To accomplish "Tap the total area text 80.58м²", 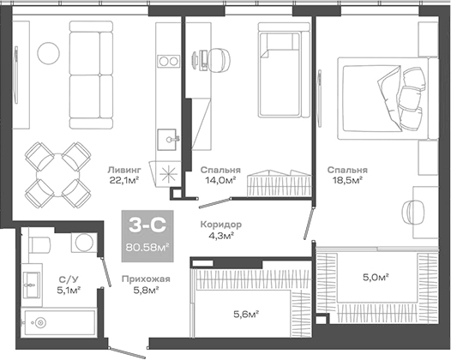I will click(147, 248).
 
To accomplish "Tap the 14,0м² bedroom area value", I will click(215, 181).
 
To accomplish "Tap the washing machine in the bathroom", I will click(83, 242).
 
